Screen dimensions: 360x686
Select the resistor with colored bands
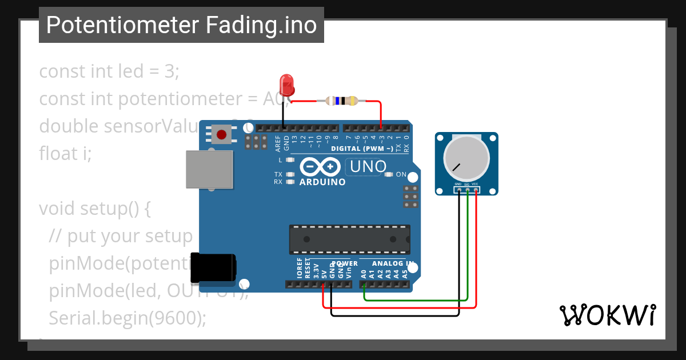coord(341,101)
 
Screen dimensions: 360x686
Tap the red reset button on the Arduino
coord(221,135)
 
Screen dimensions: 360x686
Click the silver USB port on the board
coord(209,169)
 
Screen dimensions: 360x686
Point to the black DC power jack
coord(213,267)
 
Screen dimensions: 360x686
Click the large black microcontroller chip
coord(349,239)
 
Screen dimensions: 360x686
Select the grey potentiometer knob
coord(466,158)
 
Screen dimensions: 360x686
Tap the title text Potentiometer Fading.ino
coord(181,25)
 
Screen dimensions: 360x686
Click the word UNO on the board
coord(368,167)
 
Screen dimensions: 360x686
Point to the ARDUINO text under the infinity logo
coord(323,182)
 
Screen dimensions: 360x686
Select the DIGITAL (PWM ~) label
coord(362,149)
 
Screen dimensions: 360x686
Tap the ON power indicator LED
coord(389,174)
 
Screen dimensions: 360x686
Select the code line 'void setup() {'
coord(95,208)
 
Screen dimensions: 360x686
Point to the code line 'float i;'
coord(65,153)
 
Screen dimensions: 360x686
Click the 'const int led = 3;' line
coord(109,71)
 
